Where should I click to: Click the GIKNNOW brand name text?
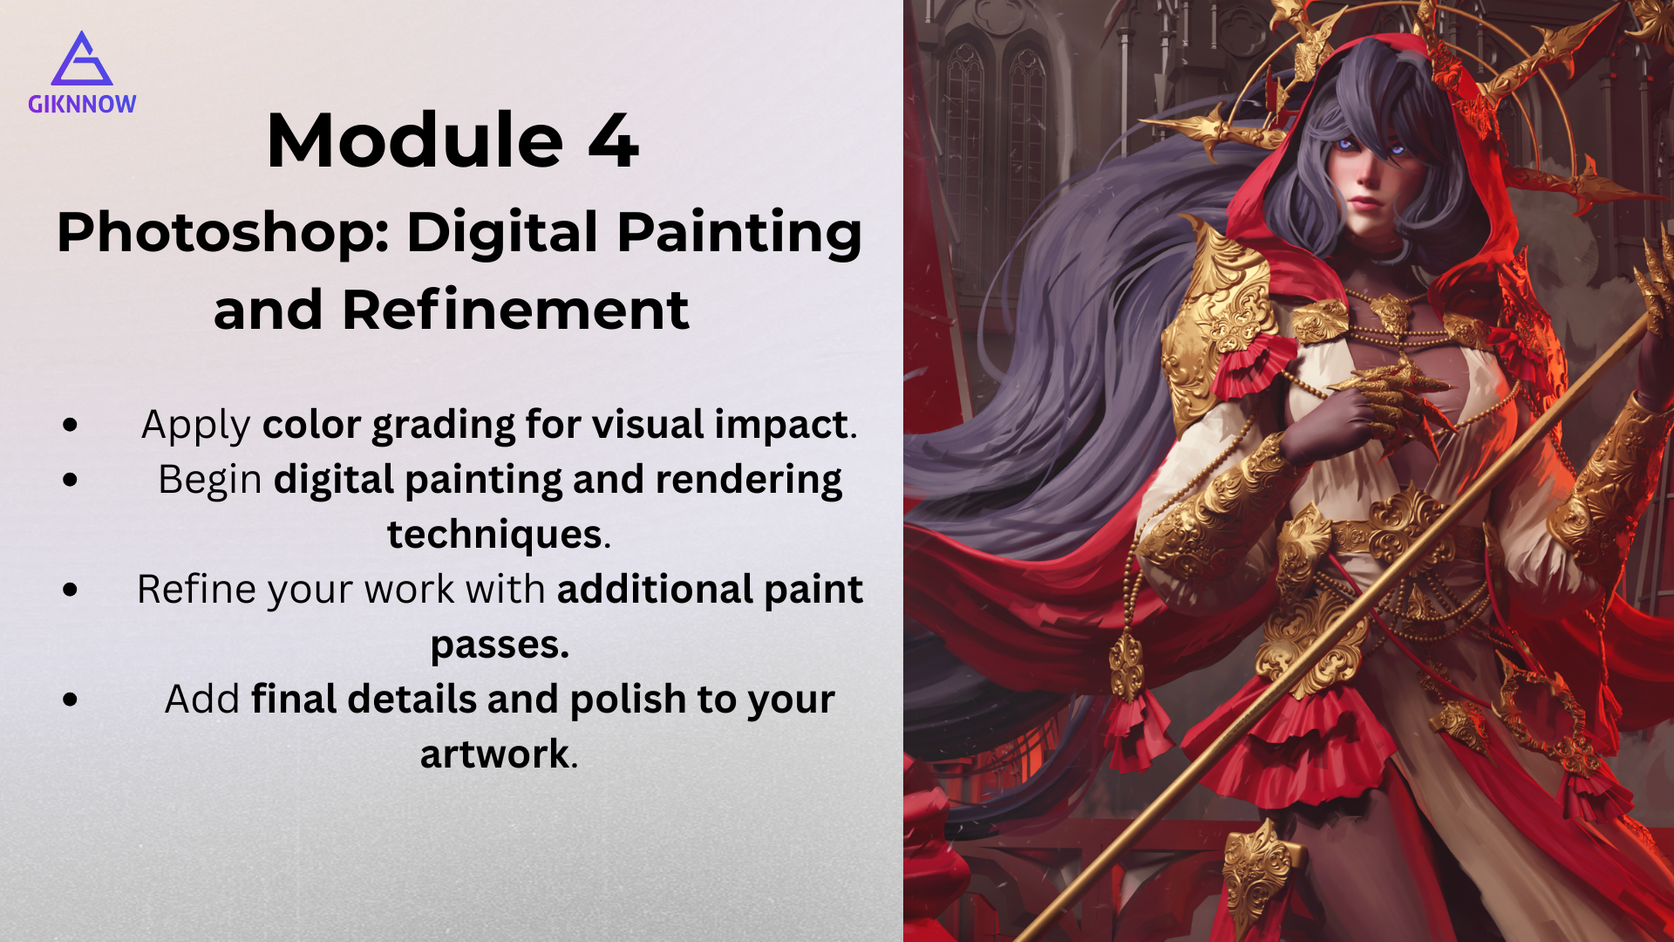[x=82, y=105]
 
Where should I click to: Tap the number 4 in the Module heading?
[x=614, y=140]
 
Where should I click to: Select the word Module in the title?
[x=415, y=140]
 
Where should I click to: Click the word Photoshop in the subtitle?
[x=223, y=235]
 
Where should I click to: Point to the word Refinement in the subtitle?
[x=515, y=310]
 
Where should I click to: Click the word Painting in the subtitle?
[x=739, y=235]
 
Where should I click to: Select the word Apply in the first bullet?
[x=196, y=427]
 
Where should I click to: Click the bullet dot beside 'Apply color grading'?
[x=71, y=425]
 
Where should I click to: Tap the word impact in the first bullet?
[x=781, y=426]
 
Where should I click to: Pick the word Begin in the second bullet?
[x=210, y=481]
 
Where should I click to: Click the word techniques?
[x=494, y=535]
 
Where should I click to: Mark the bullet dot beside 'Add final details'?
[x=71, y=700]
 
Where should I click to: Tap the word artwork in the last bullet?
[x=494, y=754]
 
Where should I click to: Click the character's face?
[x=1366, y=179]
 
